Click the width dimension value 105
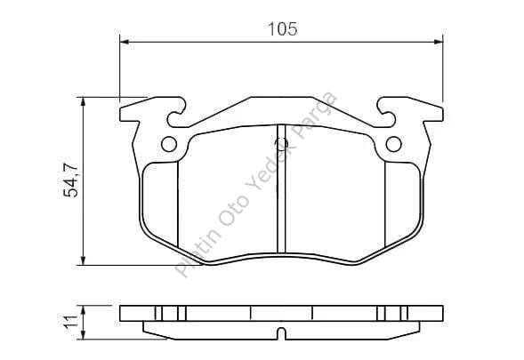tap(281, 28)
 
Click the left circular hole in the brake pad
tap(169, 145)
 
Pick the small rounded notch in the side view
tap(281, 334)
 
